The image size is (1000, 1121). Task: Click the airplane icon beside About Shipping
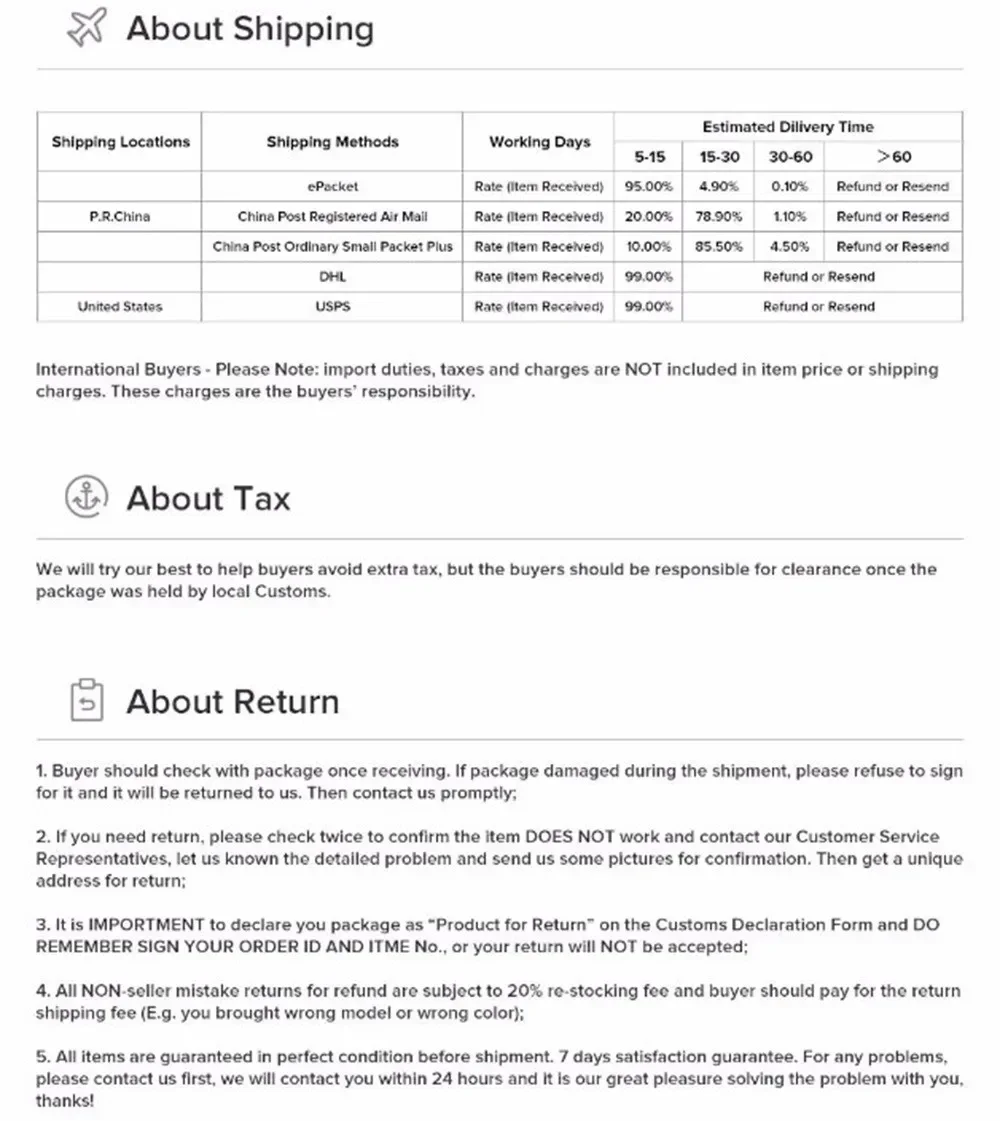(85, 29)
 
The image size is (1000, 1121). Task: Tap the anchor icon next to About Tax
(85, 497)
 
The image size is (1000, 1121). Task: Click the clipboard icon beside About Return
(85, 701)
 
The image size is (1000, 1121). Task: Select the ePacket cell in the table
(332, 186)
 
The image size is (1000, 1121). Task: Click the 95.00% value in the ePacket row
(648, 186)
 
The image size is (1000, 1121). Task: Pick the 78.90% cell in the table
(718, 216)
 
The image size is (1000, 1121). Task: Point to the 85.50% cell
(718, 246)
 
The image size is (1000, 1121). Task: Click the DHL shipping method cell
(332, 276)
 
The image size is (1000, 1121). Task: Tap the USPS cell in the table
(332, 306)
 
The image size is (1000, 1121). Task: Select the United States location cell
(119, 306)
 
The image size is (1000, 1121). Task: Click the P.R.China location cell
(119, 216)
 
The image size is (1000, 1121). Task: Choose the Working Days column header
(539, 142)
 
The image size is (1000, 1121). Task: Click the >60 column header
(893, 157)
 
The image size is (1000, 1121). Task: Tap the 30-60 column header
(790, 157)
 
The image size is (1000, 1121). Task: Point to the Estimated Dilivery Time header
(787, 127)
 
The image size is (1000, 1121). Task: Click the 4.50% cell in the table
(789, 246)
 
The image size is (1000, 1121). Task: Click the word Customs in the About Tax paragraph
(297, 591)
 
